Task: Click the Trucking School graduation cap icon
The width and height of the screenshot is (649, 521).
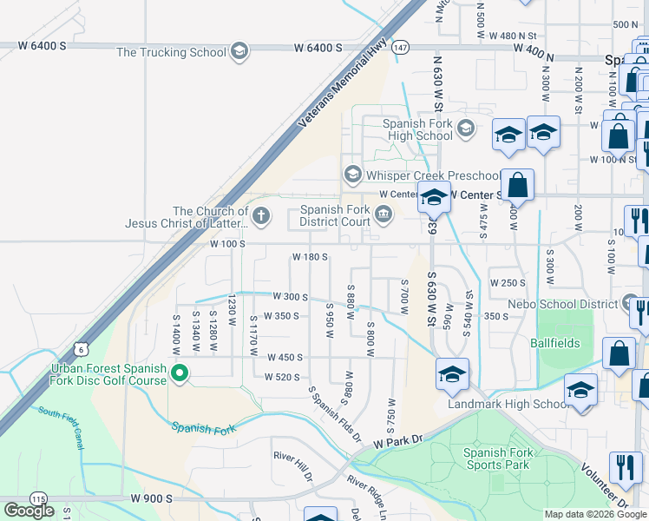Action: point(239,51)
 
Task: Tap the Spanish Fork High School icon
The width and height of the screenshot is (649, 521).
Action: point(466,129)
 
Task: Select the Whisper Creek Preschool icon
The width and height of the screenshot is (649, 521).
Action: point(352,175)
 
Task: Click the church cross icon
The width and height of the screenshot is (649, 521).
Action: point(261,214)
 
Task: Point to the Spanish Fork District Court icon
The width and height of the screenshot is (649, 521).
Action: point(383,213)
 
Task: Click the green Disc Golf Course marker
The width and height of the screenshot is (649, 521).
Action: point(180,374)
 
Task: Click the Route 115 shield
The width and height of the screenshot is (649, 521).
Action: point(38,499)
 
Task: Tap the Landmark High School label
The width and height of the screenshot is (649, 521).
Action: point(508,404)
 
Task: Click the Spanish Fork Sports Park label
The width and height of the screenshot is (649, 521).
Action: point(498,458)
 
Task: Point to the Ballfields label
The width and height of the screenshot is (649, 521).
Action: point(555,343)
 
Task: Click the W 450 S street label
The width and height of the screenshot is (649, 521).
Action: point(285,357)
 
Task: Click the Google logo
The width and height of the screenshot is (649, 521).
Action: point(29,511)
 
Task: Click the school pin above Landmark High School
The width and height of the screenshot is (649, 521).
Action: point(452,374)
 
